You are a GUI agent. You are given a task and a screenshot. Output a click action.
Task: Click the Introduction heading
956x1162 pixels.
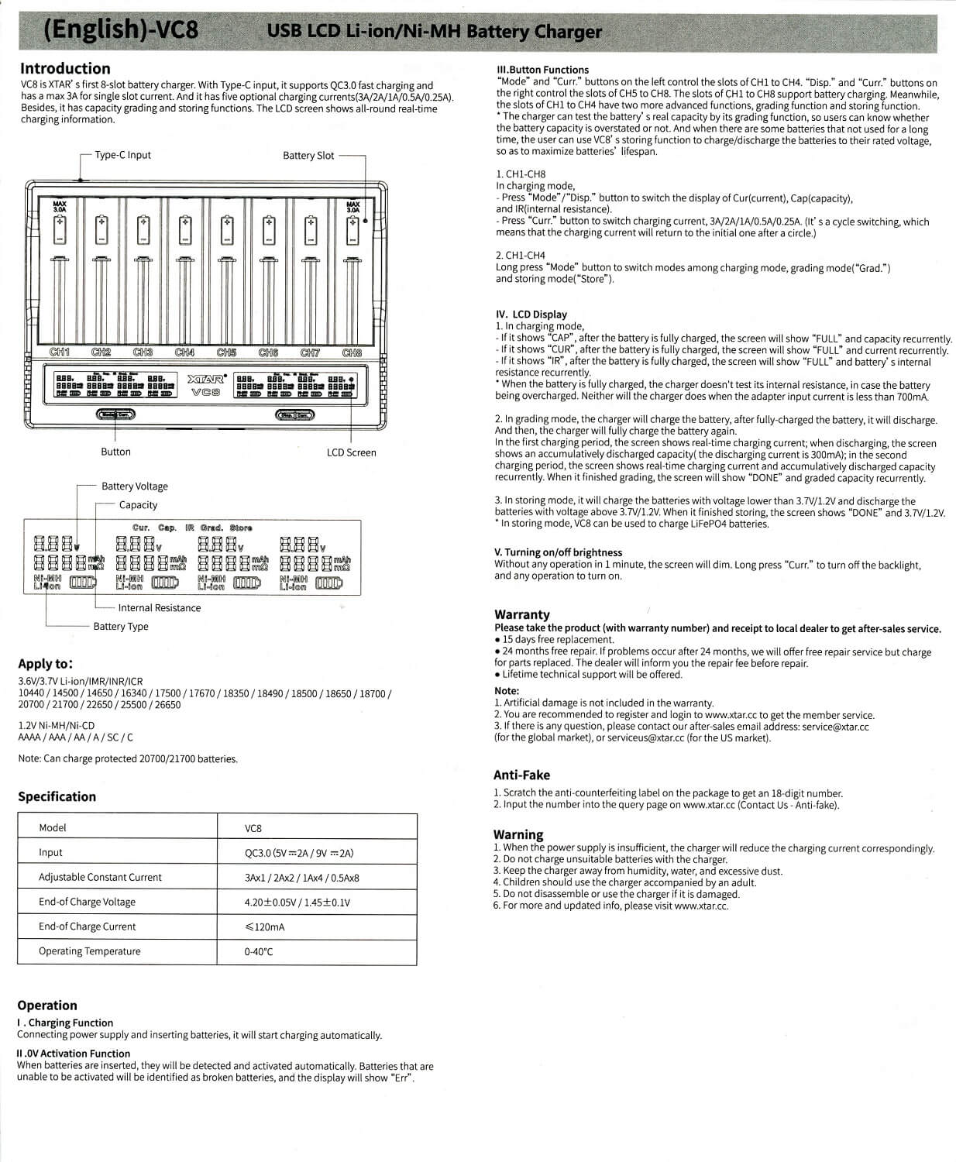[x=65, y=68]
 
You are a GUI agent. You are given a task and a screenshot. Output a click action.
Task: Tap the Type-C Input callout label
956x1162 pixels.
[x=122, y=155]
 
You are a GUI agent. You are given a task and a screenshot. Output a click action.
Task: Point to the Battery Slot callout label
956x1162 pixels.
[x=308, y=156]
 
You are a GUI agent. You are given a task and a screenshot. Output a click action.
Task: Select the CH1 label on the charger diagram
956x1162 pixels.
[x=60, y=352]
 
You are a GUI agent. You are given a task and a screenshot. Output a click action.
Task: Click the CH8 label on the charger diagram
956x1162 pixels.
[x=352, y=353]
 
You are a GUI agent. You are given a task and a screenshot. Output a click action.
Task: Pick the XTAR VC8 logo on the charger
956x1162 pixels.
[x=206, y=386]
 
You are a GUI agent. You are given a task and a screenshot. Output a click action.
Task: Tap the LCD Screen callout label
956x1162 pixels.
[x=351, y=452]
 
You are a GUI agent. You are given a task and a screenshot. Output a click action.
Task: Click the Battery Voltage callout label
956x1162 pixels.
[x=134, y=486]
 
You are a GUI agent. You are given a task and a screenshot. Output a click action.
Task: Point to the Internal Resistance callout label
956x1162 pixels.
[x=159, y=608]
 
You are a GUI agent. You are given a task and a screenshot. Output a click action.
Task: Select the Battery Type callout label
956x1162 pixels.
[x=121, y=627]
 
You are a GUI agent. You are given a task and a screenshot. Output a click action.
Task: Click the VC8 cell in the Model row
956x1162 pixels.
[x=253, y=828]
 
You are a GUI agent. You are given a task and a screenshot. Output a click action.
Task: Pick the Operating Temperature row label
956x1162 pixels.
[x=90, y=951]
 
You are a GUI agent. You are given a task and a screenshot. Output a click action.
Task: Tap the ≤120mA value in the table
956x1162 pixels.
[x=265, y=927]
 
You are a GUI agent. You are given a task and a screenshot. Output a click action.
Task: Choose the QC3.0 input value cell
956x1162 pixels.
[x=299, y=853]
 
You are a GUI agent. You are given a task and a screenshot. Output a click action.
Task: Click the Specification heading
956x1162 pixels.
[x=57, y=796]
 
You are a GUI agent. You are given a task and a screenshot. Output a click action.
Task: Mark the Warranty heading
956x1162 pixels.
[x=522, y=614]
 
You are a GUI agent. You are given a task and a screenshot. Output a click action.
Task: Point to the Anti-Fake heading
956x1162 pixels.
[x=521, y=775]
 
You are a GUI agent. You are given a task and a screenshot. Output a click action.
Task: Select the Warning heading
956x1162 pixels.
[x=518, y=834]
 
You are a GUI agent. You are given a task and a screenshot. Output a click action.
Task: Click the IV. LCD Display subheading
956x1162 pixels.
[x=531, y=315]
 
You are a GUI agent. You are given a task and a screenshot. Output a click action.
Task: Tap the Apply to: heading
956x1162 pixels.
[x=46, y=664]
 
